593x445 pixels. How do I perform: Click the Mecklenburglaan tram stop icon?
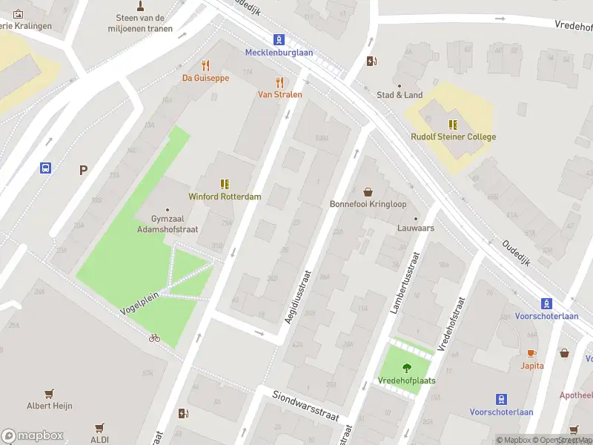click(x=279, y=39)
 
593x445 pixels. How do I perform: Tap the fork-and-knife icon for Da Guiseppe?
click(x=206, y=65)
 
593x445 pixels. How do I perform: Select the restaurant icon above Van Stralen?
click(x=279, y=82)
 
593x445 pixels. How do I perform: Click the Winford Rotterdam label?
click(x=225, y=197)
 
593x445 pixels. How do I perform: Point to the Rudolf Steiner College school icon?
click(x=453, y=124)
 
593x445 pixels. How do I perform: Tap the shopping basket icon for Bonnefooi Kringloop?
click(x=368, y=191)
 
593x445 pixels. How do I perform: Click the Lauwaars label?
click(x=415, y=228)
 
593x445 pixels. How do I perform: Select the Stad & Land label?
click(x=400, y=95)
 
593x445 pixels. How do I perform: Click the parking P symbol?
click(x=84, y=170)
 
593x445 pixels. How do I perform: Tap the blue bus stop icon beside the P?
click(x=46, y=168)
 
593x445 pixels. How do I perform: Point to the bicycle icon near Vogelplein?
click(x=154, y=337)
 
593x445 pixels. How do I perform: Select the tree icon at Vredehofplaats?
click(x=406, y=368)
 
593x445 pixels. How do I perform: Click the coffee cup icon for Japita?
click(x=531, y=353)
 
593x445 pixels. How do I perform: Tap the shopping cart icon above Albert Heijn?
click(x=50, y=393)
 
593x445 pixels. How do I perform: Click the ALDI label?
click(x=99, y=440)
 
